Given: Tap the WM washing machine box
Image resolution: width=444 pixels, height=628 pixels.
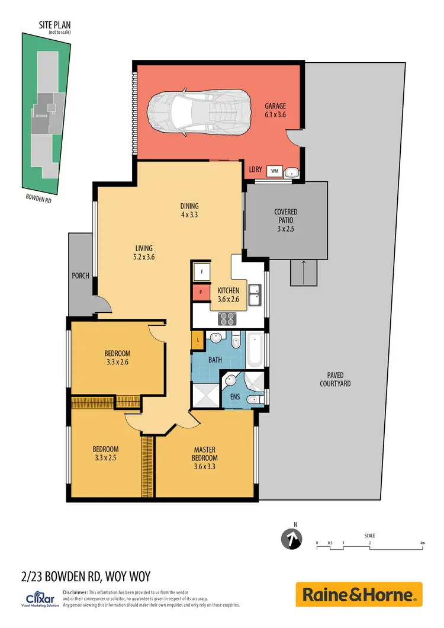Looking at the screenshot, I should [x=274, y=171].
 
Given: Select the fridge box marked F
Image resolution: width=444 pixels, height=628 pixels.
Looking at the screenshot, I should [x=201, y=272].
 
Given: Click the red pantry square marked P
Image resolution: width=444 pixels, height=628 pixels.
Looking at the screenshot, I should [x=201, y=293].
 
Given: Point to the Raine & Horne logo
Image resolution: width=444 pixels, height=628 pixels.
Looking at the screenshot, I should [x=359, y=594].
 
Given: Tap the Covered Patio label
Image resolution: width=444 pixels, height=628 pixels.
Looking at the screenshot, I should [x=285, y=216].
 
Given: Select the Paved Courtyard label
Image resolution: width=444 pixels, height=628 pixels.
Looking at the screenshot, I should [x=339, y=379].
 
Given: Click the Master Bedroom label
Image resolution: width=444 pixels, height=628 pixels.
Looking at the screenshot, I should [x=204, y=453].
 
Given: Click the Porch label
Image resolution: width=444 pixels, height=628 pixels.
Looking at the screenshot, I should [x=81, y=276].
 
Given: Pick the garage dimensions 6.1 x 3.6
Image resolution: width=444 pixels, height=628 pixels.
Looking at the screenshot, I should [x=275, y=115].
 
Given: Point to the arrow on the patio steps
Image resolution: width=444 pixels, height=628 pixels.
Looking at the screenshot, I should [x=303, y=270].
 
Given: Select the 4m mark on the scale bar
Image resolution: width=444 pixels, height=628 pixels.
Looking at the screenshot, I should [x=422, y=543].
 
